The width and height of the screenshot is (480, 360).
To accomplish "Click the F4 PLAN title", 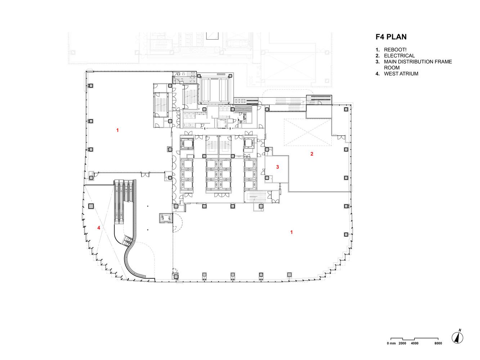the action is (391, 37).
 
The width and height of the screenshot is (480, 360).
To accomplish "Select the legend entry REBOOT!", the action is (395, 50).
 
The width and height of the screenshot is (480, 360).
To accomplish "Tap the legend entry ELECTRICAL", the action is (399, 56).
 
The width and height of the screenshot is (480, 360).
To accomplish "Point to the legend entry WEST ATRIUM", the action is (401, 74).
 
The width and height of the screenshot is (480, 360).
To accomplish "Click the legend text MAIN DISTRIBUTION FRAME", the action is (418, 62).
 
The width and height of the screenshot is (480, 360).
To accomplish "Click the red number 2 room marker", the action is (312, 154).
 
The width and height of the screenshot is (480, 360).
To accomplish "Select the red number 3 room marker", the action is (278, 167).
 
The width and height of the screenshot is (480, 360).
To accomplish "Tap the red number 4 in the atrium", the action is (99, 228).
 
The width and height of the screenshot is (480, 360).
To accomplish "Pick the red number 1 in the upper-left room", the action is (117, 130).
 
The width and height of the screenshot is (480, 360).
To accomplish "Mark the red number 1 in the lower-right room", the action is (291, 232).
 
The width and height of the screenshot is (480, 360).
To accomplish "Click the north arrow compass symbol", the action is (457, 338).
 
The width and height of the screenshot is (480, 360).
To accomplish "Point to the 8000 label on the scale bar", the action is (438, 343).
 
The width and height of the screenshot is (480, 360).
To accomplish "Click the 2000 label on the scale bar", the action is (402, 343).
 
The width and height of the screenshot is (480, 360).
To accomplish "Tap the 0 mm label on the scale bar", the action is (391, 343).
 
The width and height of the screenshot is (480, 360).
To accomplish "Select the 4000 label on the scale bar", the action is (414, 343).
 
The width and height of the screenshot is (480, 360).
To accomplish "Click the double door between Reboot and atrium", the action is (145, 175).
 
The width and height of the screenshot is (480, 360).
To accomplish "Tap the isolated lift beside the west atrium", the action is (166, 218).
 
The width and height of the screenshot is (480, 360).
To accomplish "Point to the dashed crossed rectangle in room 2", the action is (308, 132).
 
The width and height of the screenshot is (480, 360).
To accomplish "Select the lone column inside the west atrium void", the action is (91, 206).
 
